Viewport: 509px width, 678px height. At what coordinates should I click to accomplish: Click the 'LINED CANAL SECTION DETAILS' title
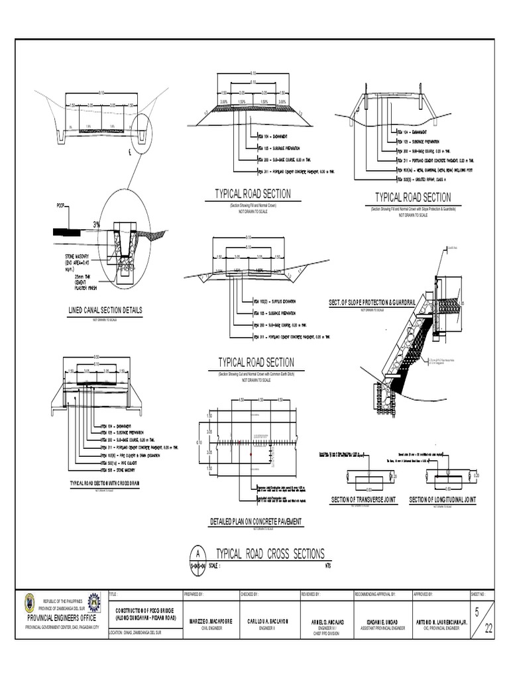[x=105, y=310]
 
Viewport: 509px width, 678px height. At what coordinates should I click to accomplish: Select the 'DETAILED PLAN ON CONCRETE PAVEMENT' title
[x=255, y=522]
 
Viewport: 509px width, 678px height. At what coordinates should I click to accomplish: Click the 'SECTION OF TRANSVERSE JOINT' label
[x=364, y=500]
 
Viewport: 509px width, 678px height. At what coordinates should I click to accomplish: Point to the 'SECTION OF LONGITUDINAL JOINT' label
[x=442, y=500]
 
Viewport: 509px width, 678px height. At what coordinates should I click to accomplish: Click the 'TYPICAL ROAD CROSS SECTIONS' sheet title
[x=270, y=554]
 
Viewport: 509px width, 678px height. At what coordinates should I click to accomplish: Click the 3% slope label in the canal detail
[x=98, y=223]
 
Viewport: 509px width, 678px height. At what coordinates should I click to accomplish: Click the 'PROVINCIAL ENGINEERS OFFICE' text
[x=62, y=618]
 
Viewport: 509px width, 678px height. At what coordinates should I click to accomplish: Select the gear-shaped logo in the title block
[x=94, y=603]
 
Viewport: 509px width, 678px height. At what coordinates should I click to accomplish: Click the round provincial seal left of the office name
[x=29, y=603]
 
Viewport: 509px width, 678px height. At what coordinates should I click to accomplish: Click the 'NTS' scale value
[x=327, y=566]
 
